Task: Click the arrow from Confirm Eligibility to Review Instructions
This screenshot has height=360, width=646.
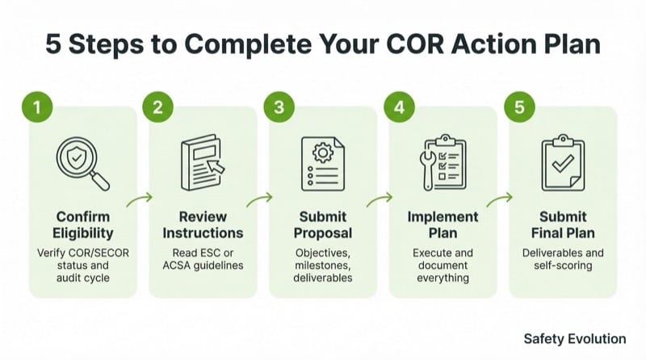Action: pyautogui.click(x=140, y=196)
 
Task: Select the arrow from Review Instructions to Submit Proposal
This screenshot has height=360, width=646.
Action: pyautogui.click(x=259, y=196)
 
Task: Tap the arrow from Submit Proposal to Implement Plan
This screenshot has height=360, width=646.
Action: pyautogui.click(x=380, y=196)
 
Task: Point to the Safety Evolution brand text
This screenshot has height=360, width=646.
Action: pyautogui.click(x=574, y=338)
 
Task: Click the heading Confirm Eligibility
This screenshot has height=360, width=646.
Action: pyautogui.click(x=82, y=225)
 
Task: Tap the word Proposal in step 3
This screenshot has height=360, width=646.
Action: pyautogui.click(x=323, y=233)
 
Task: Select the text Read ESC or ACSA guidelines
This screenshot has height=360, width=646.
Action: pyautogui.click(x=203, y=258)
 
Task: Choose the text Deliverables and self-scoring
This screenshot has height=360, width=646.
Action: pyautogui.click(x=563, y=258)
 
